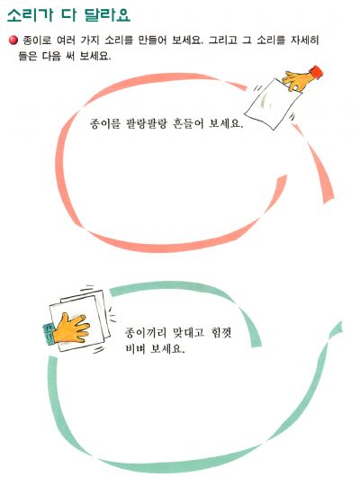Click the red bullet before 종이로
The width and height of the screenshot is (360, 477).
coord(13,40)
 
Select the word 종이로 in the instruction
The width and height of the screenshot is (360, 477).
coord(37,40)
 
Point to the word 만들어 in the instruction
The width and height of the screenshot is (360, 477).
coord(152,40)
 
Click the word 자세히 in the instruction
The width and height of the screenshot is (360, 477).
coord(304,40)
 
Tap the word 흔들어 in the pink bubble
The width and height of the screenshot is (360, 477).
coord(188,124)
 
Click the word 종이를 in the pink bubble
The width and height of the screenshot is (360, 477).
coord(105,124)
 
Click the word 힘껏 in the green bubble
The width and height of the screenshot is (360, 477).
coord(220,332)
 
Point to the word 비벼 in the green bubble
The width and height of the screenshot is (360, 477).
coord(135,348)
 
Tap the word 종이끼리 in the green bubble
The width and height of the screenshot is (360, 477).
coord(146,332)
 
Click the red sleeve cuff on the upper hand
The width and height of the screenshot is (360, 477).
coord(316,72)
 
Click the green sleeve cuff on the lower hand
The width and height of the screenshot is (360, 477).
coord(49,334)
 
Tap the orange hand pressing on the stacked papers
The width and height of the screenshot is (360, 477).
coord(71,328)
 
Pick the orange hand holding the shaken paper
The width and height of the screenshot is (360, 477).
coord(298,81)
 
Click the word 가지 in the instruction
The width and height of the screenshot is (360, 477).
coord(90,40)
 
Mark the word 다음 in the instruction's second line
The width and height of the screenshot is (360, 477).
coord(51,57)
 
